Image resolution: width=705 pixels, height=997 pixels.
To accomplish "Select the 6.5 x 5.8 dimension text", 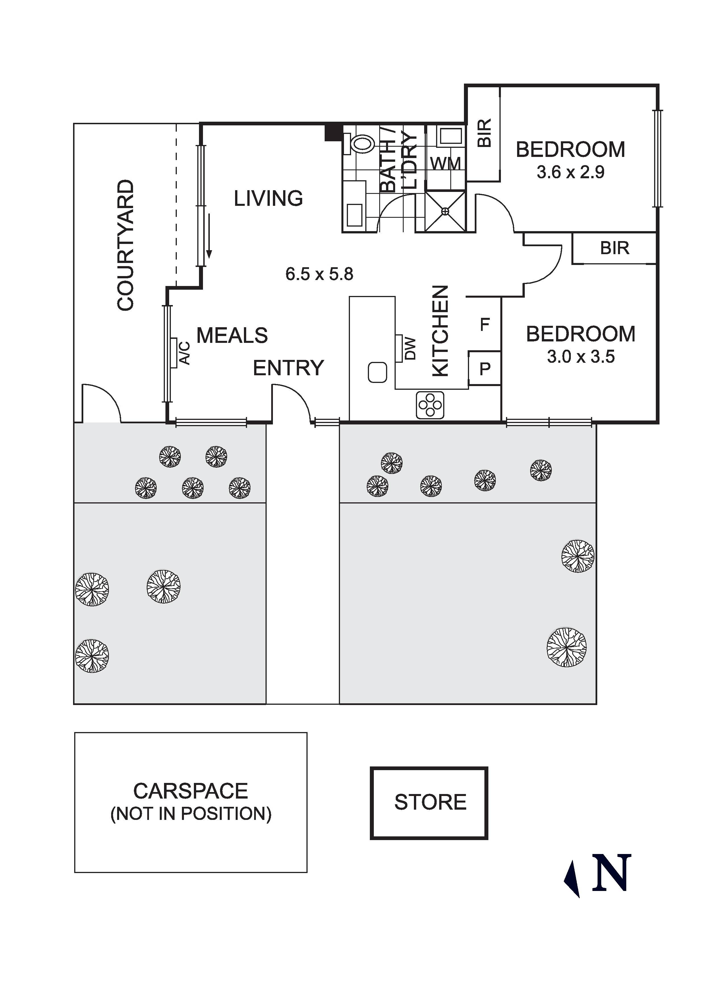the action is [320, 274].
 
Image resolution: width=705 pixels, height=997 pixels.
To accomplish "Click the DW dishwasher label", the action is [410, 349].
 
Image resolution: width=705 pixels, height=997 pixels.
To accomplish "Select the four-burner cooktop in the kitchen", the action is [430, 405].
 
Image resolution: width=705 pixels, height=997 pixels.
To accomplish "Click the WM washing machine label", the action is [445, 164].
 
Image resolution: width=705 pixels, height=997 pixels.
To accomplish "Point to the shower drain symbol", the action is [445, 211].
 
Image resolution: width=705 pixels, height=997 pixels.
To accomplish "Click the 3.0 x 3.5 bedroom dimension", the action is [581, 357].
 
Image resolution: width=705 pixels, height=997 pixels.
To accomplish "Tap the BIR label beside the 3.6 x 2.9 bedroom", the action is [484, 133].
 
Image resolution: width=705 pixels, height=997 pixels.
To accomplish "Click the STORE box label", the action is [430, 802].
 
